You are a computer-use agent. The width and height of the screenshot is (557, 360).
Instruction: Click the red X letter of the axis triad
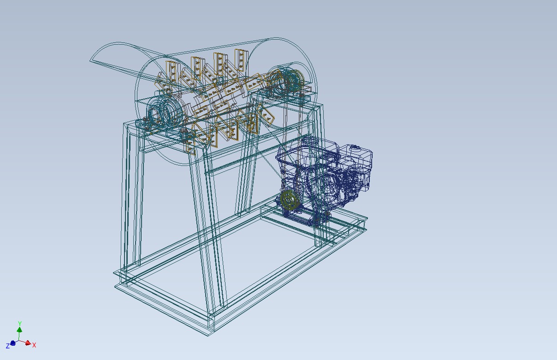tap(34, 345)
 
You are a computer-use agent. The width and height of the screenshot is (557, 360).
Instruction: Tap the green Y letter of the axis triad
tap(19, 324)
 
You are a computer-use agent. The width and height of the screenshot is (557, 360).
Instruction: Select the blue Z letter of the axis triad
tap(8, 346)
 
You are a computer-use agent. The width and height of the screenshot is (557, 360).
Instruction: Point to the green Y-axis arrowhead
tap(19, 329)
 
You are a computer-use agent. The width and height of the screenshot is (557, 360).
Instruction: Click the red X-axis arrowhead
tap(28, 343)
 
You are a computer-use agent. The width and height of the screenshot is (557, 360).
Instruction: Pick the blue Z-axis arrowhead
tap(13, 343)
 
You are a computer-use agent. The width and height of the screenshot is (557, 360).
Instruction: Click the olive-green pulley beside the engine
tap(290, 200)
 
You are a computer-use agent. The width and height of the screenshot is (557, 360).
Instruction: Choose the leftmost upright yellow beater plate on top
tap(172, 71)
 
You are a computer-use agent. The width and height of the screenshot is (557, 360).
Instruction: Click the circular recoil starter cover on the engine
tap(328, 184)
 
